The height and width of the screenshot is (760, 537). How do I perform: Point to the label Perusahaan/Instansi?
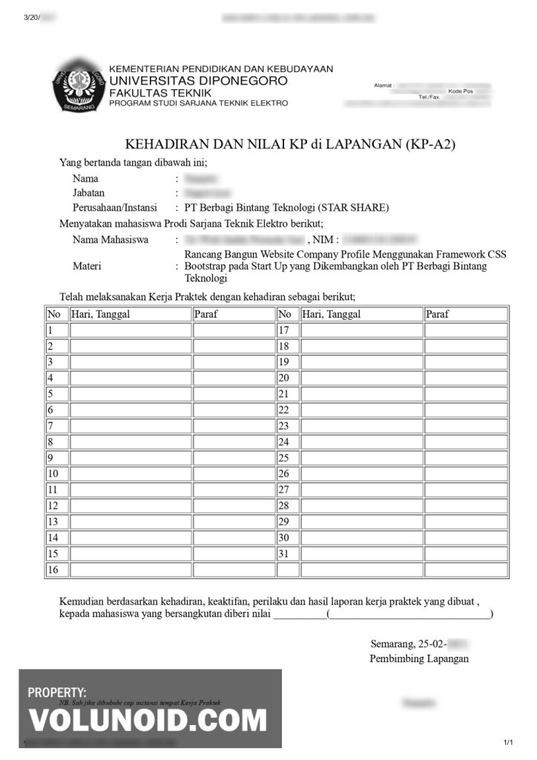pos(112,207)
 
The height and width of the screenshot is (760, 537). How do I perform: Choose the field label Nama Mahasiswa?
pos(111,240)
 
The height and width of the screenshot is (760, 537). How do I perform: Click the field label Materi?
pos(87,266)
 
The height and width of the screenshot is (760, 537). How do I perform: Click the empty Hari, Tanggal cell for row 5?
pos(131,394)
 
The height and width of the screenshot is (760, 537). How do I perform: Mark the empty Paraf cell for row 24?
pos(466,442)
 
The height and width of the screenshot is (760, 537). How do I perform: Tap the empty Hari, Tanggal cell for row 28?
pos(362,506)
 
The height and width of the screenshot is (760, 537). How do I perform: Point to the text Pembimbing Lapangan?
pos(418,658)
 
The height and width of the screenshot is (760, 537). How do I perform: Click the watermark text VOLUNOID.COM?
pos(148,721)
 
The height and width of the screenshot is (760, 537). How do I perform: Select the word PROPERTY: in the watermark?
pos(57,692)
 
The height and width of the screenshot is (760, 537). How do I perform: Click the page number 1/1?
pos(508,743)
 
